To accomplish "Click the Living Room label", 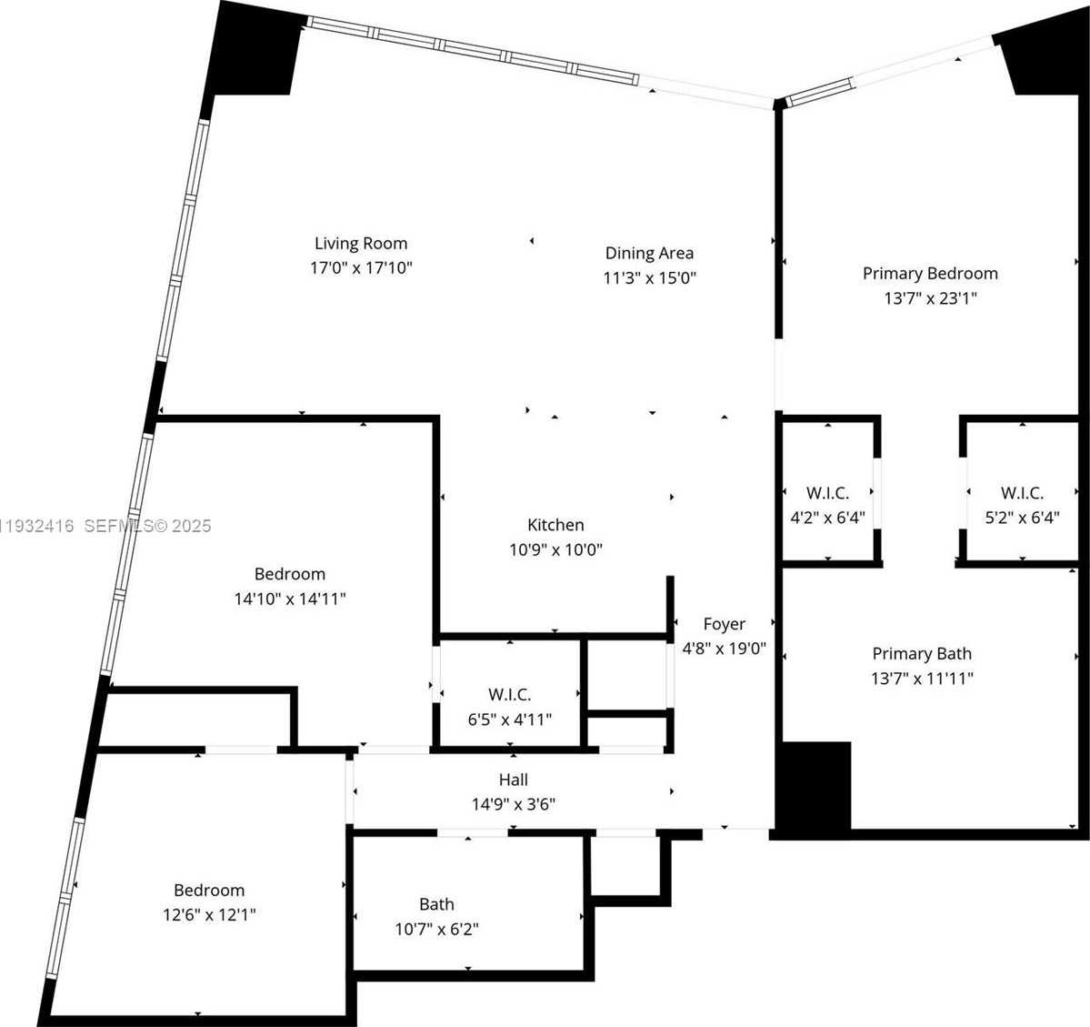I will coord(361,243).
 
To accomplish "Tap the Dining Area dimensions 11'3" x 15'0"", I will coord(649,277).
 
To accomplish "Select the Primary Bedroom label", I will coord(930,273).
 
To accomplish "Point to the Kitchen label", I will coord(555,525).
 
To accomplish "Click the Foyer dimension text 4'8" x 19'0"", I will coord(725,649).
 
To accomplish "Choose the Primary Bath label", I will coord(922,653).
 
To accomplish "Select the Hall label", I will coord(513,780).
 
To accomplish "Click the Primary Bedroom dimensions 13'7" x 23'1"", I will coord(930,297).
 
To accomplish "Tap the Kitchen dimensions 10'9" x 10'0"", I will coord(555,549).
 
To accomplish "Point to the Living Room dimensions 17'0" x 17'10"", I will coord(361,267).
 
